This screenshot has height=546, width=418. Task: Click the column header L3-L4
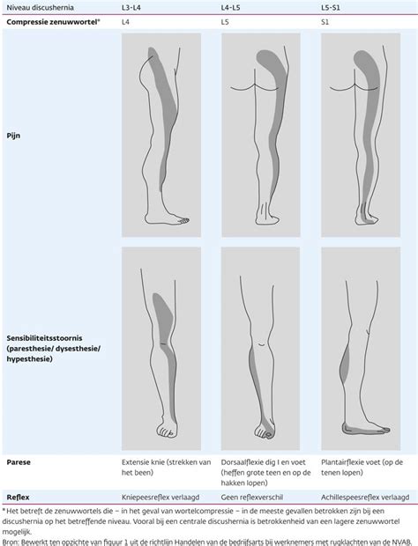(131, 7)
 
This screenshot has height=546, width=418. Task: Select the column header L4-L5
(230, 7)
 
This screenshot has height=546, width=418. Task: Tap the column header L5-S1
(331, 7)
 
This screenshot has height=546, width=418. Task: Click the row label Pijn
(13, 136)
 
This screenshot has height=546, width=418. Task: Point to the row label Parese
(19, 462)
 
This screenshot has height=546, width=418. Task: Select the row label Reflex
(19, 498)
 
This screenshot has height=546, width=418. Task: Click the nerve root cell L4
(125, 22)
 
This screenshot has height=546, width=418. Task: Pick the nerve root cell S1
(325, 22)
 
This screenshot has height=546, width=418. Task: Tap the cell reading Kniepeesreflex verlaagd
(160, 498)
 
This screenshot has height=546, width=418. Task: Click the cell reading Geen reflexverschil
(251, 498)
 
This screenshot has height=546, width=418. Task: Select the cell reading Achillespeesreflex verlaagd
(365, 498)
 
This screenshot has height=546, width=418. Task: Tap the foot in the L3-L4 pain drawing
(167, 218)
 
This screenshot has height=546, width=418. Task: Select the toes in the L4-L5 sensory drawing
(264, 432)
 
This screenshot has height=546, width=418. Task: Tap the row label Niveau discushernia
(40, 7)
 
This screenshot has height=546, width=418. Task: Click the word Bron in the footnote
(10, 542)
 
